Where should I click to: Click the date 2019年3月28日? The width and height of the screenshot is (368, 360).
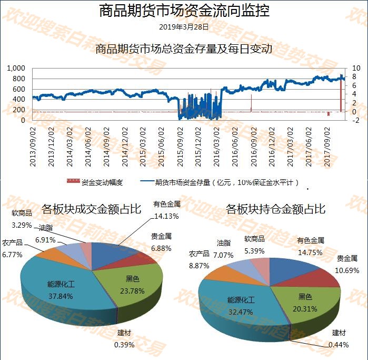click(x=184, y=26)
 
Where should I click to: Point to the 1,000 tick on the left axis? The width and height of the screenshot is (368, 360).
click(x=16, y=69)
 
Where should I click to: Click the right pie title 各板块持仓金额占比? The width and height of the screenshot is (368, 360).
click(x=275, y=209)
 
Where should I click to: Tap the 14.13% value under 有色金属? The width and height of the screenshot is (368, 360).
click(x=166, y=216)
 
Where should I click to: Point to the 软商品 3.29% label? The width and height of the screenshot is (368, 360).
click(x=22, y=219)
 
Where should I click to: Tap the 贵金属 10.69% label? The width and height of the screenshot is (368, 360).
click(x=347, y=265)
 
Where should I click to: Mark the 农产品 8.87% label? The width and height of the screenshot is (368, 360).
click(x=199, y=260)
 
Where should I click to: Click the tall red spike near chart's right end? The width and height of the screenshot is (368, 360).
click(x=341, y=95)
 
